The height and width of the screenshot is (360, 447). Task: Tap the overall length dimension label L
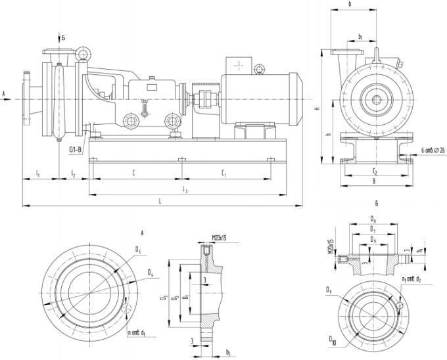click(x=160, y=202)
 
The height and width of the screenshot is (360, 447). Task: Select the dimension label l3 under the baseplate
click(x=186, y=190)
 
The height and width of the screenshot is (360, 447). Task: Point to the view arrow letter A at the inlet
click(x=5, y=93)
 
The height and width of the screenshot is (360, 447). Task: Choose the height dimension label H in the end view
click(x=317, y=109)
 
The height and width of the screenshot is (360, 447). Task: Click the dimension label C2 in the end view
click(x=373, y=170)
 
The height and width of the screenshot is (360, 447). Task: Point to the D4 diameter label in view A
click(x=151, y=271)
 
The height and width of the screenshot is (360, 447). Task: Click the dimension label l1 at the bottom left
click(x=38, y=173)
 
